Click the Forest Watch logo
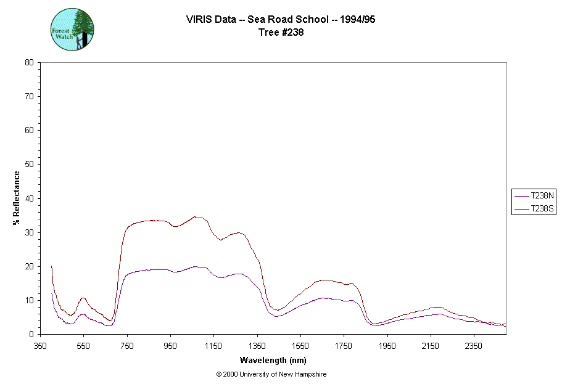tap(72, 30)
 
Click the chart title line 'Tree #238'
tap(281, 33)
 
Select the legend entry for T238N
tap(534, 195)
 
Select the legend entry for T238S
tap(534, 210)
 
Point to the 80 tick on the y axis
tap(29, 62)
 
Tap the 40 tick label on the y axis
tap(29, 198)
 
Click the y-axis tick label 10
tap(29, 300)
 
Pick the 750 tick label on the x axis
tap(127, 346)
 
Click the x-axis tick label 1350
tap(257, 346)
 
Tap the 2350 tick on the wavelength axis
tap(474, 346)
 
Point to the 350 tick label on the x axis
tap(40, 346)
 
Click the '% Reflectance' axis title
tap(17, 198)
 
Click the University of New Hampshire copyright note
tap(271, 374)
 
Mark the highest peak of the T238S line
tap(194, 216)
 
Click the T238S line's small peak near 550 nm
tap(83, 298)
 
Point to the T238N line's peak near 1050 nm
tap(195, 266)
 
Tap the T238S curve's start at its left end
tap(51, 266)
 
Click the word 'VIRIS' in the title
tap(199, 19)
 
